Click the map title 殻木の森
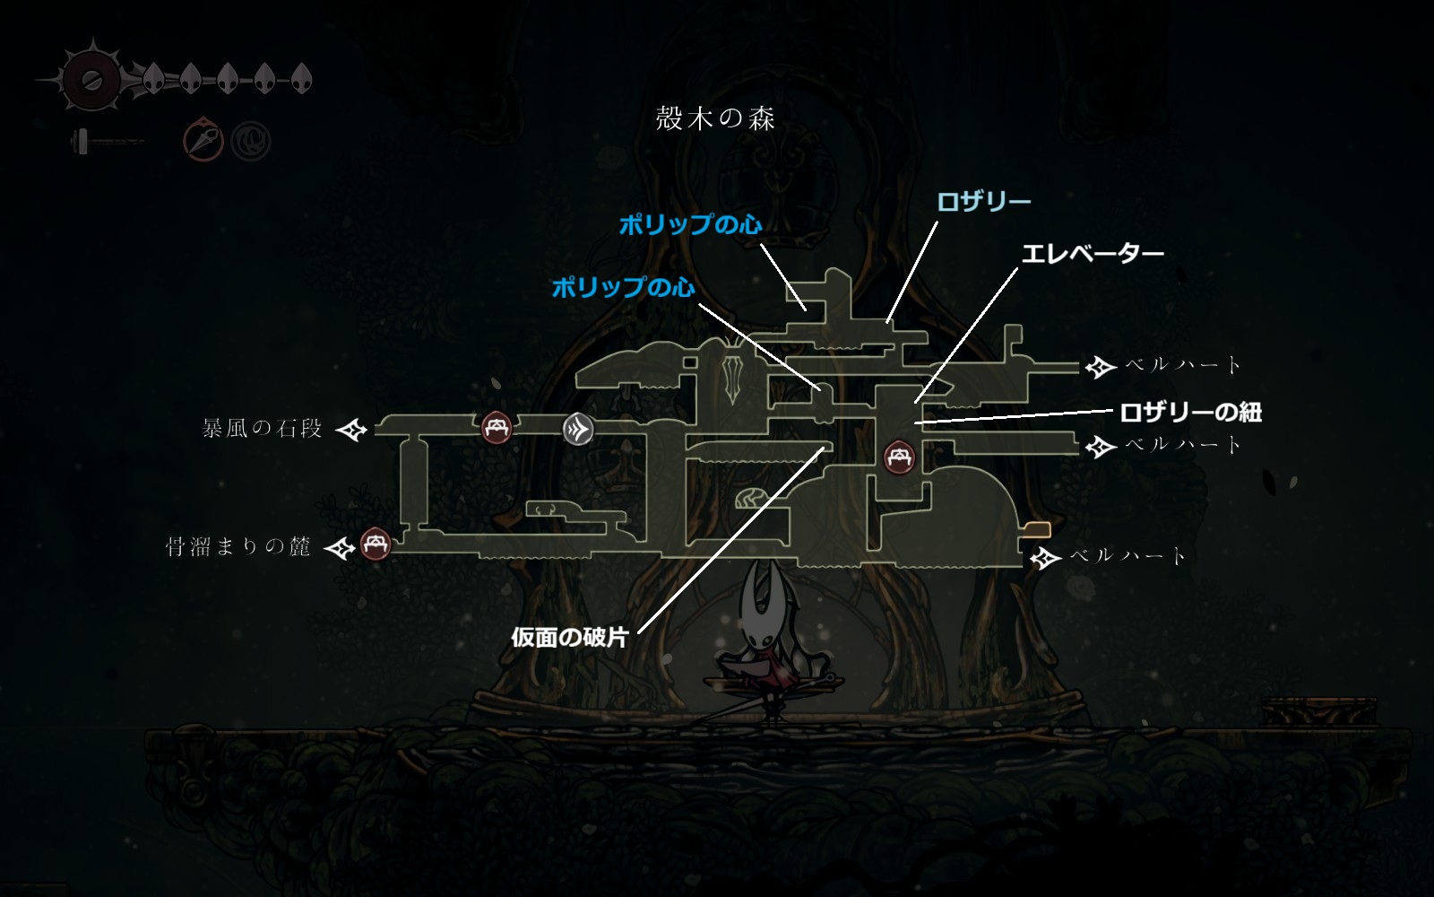click(715, 118)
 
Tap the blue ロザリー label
click(983, 201)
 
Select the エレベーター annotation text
click(1093, 254)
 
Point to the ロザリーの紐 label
click(1190, 413)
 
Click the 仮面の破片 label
click(569, 637)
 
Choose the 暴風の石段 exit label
click(262, 429)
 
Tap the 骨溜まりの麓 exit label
click(238, 546)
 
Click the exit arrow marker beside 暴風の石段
click(351, 430)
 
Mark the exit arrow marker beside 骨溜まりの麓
click(340, 547)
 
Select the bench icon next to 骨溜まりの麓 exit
click(376, 544)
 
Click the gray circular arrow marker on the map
click(578, 430)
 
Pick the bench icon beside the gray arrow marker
click(496, 428)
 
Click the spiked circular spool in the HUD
click(90, 81)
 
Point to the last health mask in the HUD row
click(301, 79)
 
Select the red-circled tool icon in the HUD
click(203, 140)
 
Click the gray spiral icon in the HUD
click(251, 141)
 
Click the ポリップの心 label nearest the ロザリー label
click(690, 224)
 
